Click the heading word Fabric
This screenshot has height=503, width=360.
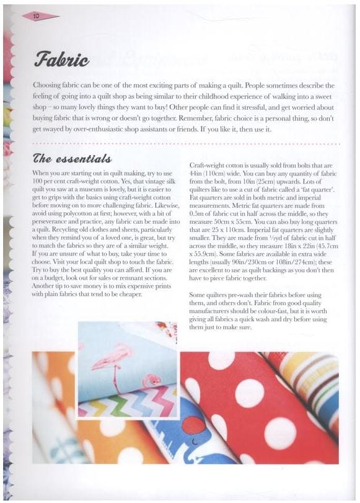point(61,61)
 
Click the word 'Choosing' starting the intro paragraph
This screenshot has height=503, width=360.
point(50,86)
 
